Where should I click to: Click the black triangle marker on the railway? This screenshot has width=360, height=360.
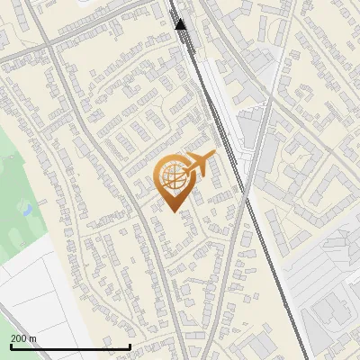181,24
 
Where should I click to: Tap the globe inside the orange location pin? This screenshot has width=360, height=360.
173,176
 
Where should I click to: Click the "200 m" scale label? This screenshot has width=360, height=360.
23,338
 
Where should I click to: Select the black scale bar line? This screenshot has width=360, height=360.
70,346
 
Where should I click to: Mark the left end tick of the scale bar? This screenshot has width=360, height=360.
11,345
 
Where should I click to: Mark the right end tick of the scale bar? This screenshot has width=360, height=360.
130,345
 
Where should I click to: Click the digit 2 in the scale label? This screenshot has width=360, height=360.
13,338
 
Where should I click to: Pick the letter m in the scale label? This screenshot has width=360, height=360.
33,338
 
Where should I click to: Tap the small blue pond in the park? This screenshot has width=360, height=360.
24,208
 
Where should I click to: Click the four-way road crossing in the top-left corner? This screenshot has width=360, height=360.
45,42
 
